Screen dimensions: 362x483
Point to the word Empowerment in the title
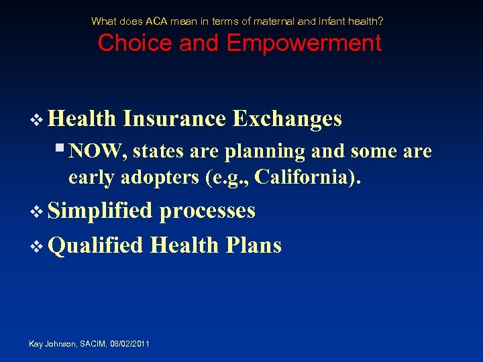coord(304,44)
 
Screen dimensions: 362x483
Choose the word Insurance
coord(174,119)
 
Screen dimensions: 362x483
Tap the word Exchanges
coord(287,119)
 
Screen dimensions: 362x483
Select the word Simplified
coord(101,210)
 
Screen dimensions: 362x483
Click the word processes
coord(207,210)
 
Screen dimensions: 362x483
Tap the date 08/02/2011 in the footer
coord(129,344)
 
